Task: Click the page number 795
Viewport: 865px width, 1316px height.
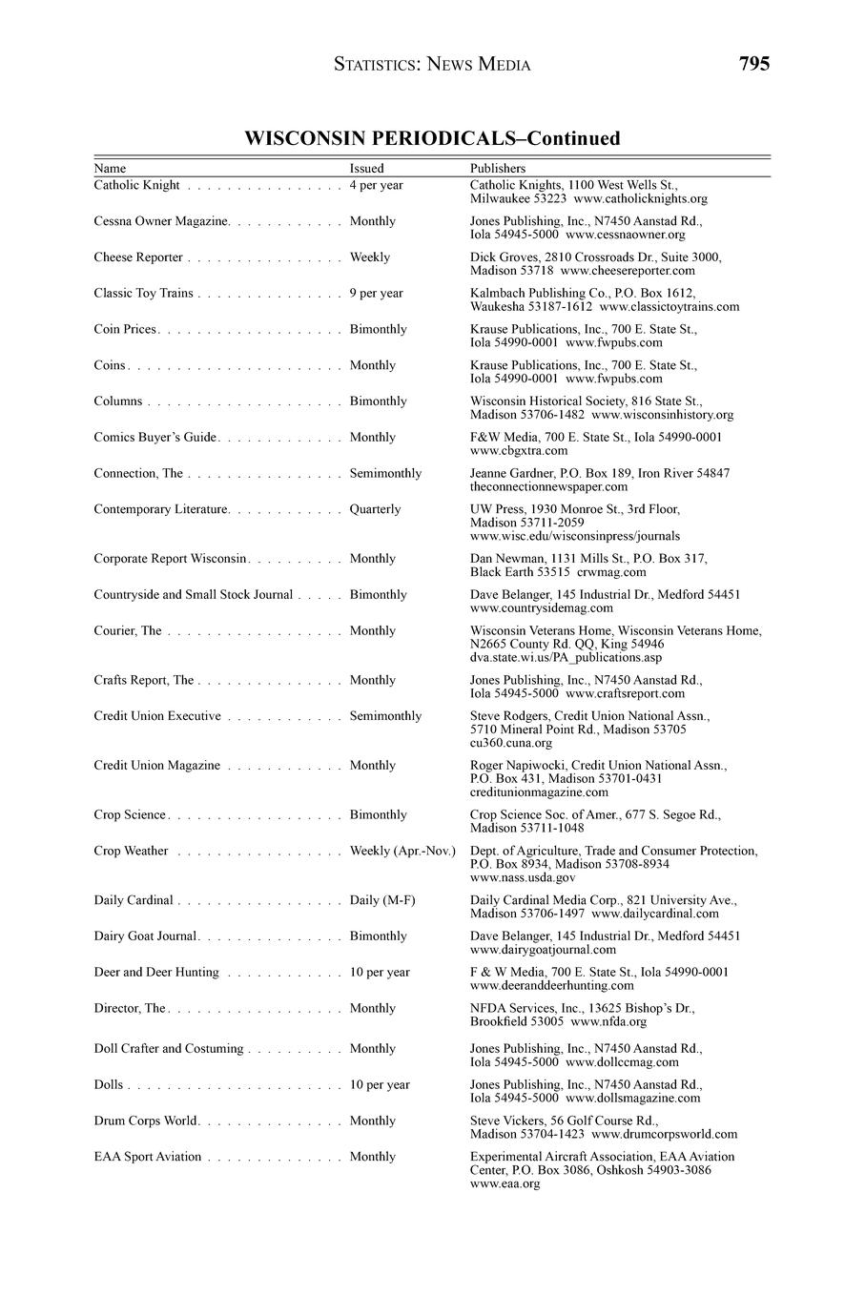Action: tap(753, 64)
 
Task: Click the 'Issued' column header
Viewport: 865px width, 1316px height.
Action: tap(366, 169)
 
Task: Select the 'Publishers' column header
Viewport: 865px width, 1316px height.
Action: tap(498, 169)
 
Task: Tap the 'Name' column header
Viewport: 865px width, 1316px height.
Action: tap(110, 169)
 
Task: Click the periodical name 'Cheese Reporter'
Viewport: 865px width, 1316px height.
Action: tap(138, 257)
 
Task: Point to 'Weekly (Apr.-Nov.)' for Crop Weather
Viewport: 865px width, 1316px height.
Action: tap(402, 851)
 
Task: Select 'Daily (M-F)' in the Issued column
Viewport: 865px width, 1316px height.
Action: tap(382, 900)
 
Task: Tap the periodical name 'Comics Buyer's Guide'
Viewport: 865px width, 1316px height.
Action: tap(155, 438)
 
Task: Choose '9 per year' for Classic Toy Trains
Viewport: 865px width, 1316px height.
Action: tap(376, 294)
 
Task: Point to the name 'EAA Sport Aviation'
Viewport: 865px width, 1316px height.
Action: tap(148, 1157)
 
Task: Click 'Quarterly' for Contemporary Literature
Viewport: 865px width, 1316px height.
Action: tap(375, 509)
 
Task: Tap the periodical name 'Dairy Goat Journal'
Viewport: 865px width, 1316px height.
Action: tap(145, 936)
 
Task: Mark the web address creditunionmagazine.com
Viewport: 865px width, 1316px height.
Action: tap(539, 792)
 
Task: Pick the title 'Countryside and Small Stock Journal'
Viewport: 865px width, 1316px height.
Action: tap(194, 595)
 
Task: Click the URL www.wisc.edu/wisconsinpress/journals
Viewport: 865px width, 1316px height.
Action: tap(575, 536)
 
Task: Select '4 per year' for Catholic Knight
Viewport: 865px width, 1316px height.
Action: tap(376, 186)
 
